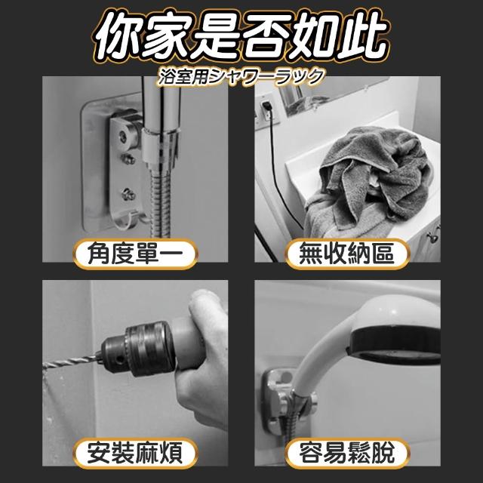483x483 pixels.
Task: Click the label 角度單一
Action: click(135, 254)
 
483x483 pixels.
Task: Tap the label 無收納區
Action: click(347, 254)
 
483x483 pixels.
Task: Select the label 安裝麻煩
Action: click(135, 453)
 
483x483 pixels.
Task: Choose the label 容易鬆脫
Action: click(347, 453)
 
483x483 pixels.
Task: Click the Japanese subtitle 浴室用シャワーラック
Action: click(241, 77)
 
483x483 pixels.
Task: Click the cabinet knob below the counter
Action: click(432, 236)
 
